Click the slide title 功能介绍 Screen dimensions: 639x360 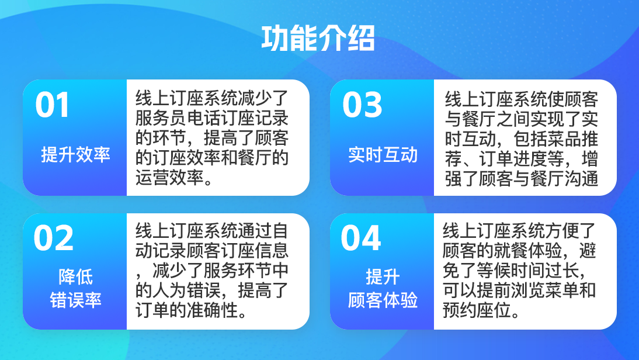coord(318,39)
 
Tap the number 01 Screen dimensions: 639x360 coord(52,105)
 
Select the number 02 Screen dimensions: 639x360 coord(53,238)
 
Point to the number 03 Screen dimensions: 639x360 coord(362,105)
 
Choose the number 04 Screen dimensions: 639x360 coord(360,238)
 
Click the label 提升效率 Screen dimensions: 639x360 coord(75,155)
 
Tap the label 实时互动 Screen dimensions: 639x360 coord(383,155)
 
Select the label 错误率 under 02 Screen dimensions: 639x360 coord(75,300)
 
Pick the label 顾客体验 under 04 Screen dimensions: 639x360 coord(383,300)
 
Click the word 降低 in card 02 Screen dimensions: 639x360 coord(75,277)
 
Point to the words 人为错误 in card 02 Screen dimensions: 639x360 coord(187,290)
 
